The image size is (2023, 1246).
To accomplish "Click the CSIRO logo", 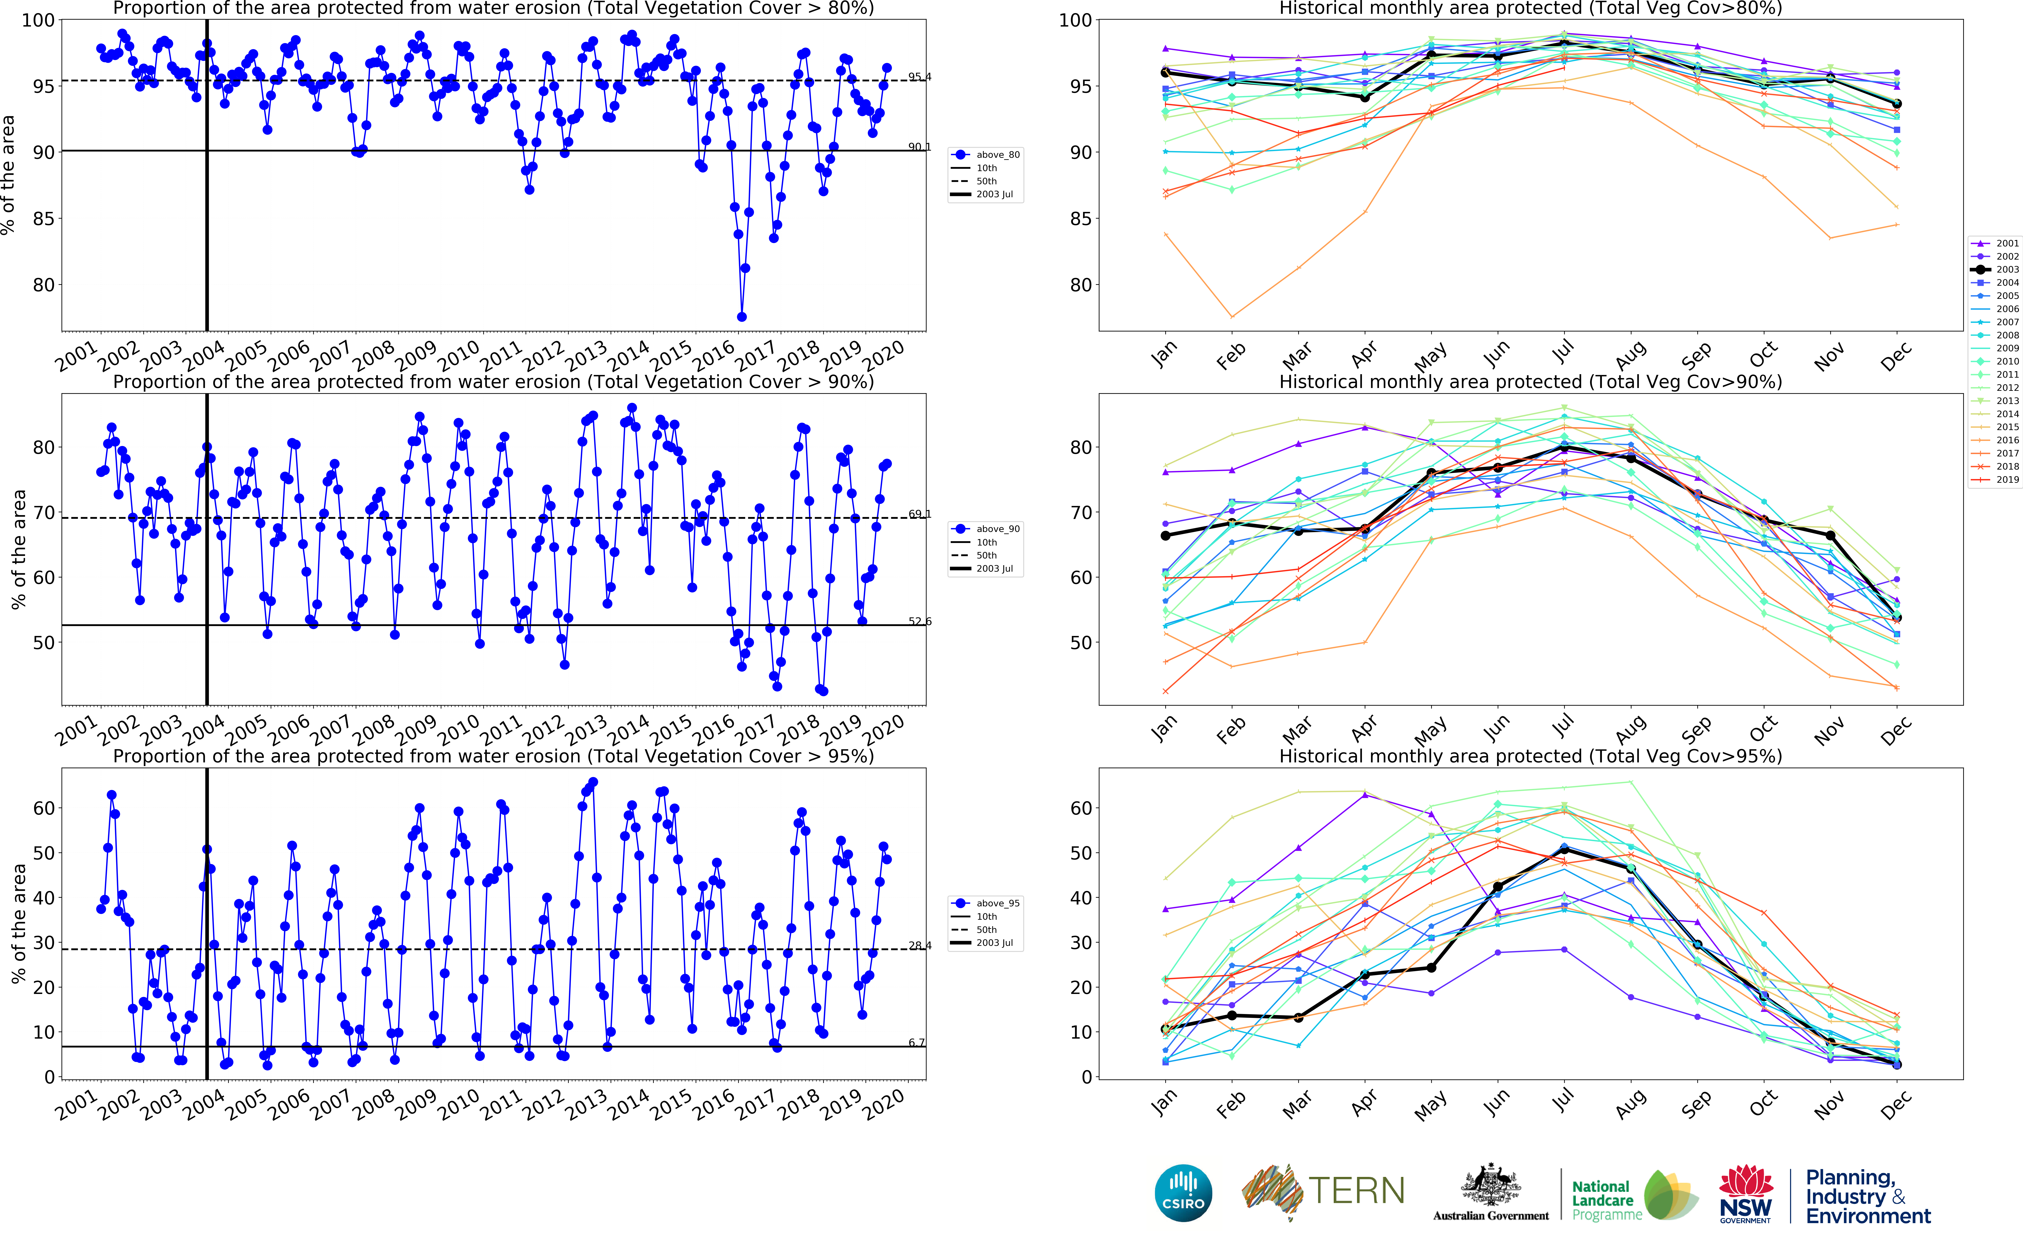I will click(x=1183, y=1192).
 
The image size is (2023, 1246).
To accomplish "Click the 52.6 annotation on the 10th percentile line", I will click(x=920, y=621).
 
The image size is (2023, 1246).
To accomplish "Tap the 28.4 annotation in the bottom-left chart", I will click(x=920, y=945).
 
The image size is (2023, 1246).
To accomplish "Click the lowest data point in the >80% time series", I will click(x=742, y=316).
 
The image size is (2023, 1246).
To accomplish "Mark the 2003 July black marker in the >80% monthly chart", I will click(x=1564, y=43).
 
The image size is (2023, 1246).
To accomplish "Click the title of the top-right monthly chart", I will click(x=1530, y=9).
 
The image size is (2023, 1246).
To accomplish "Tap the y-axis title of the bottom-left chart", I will click(x=18, y=923).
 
